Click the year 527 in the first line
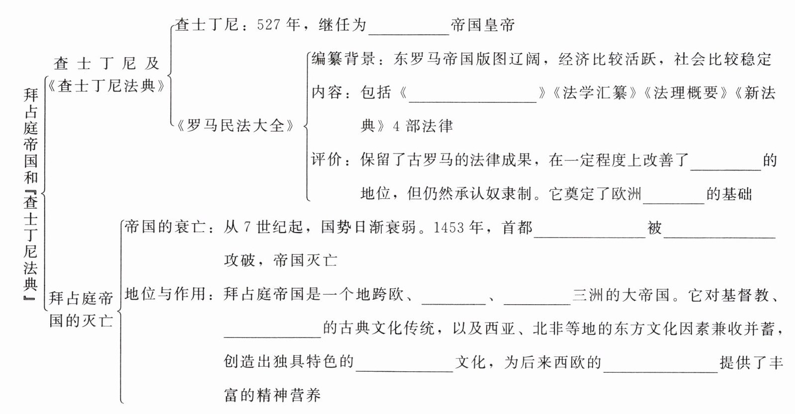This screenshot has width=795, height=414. tap(269, 24)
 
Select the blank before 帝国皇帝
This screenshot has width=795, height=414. tap(409, 28)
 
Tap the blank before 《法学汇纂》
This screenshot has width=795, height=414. tap(472, 95)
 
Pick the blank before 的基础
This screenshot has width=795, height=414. tap(674, 197)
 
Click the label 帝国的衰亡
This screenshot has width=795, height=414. tap(165, 227)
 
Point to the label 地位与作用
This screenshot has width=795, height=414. tap(165, 294)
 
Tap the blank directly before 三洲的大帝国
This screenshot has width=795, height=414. tap(536, 297)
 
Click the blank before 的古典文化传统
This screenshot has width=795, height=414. tap(272, 331)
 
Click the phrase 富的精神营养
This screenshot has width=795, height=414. tap(272, 396)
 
